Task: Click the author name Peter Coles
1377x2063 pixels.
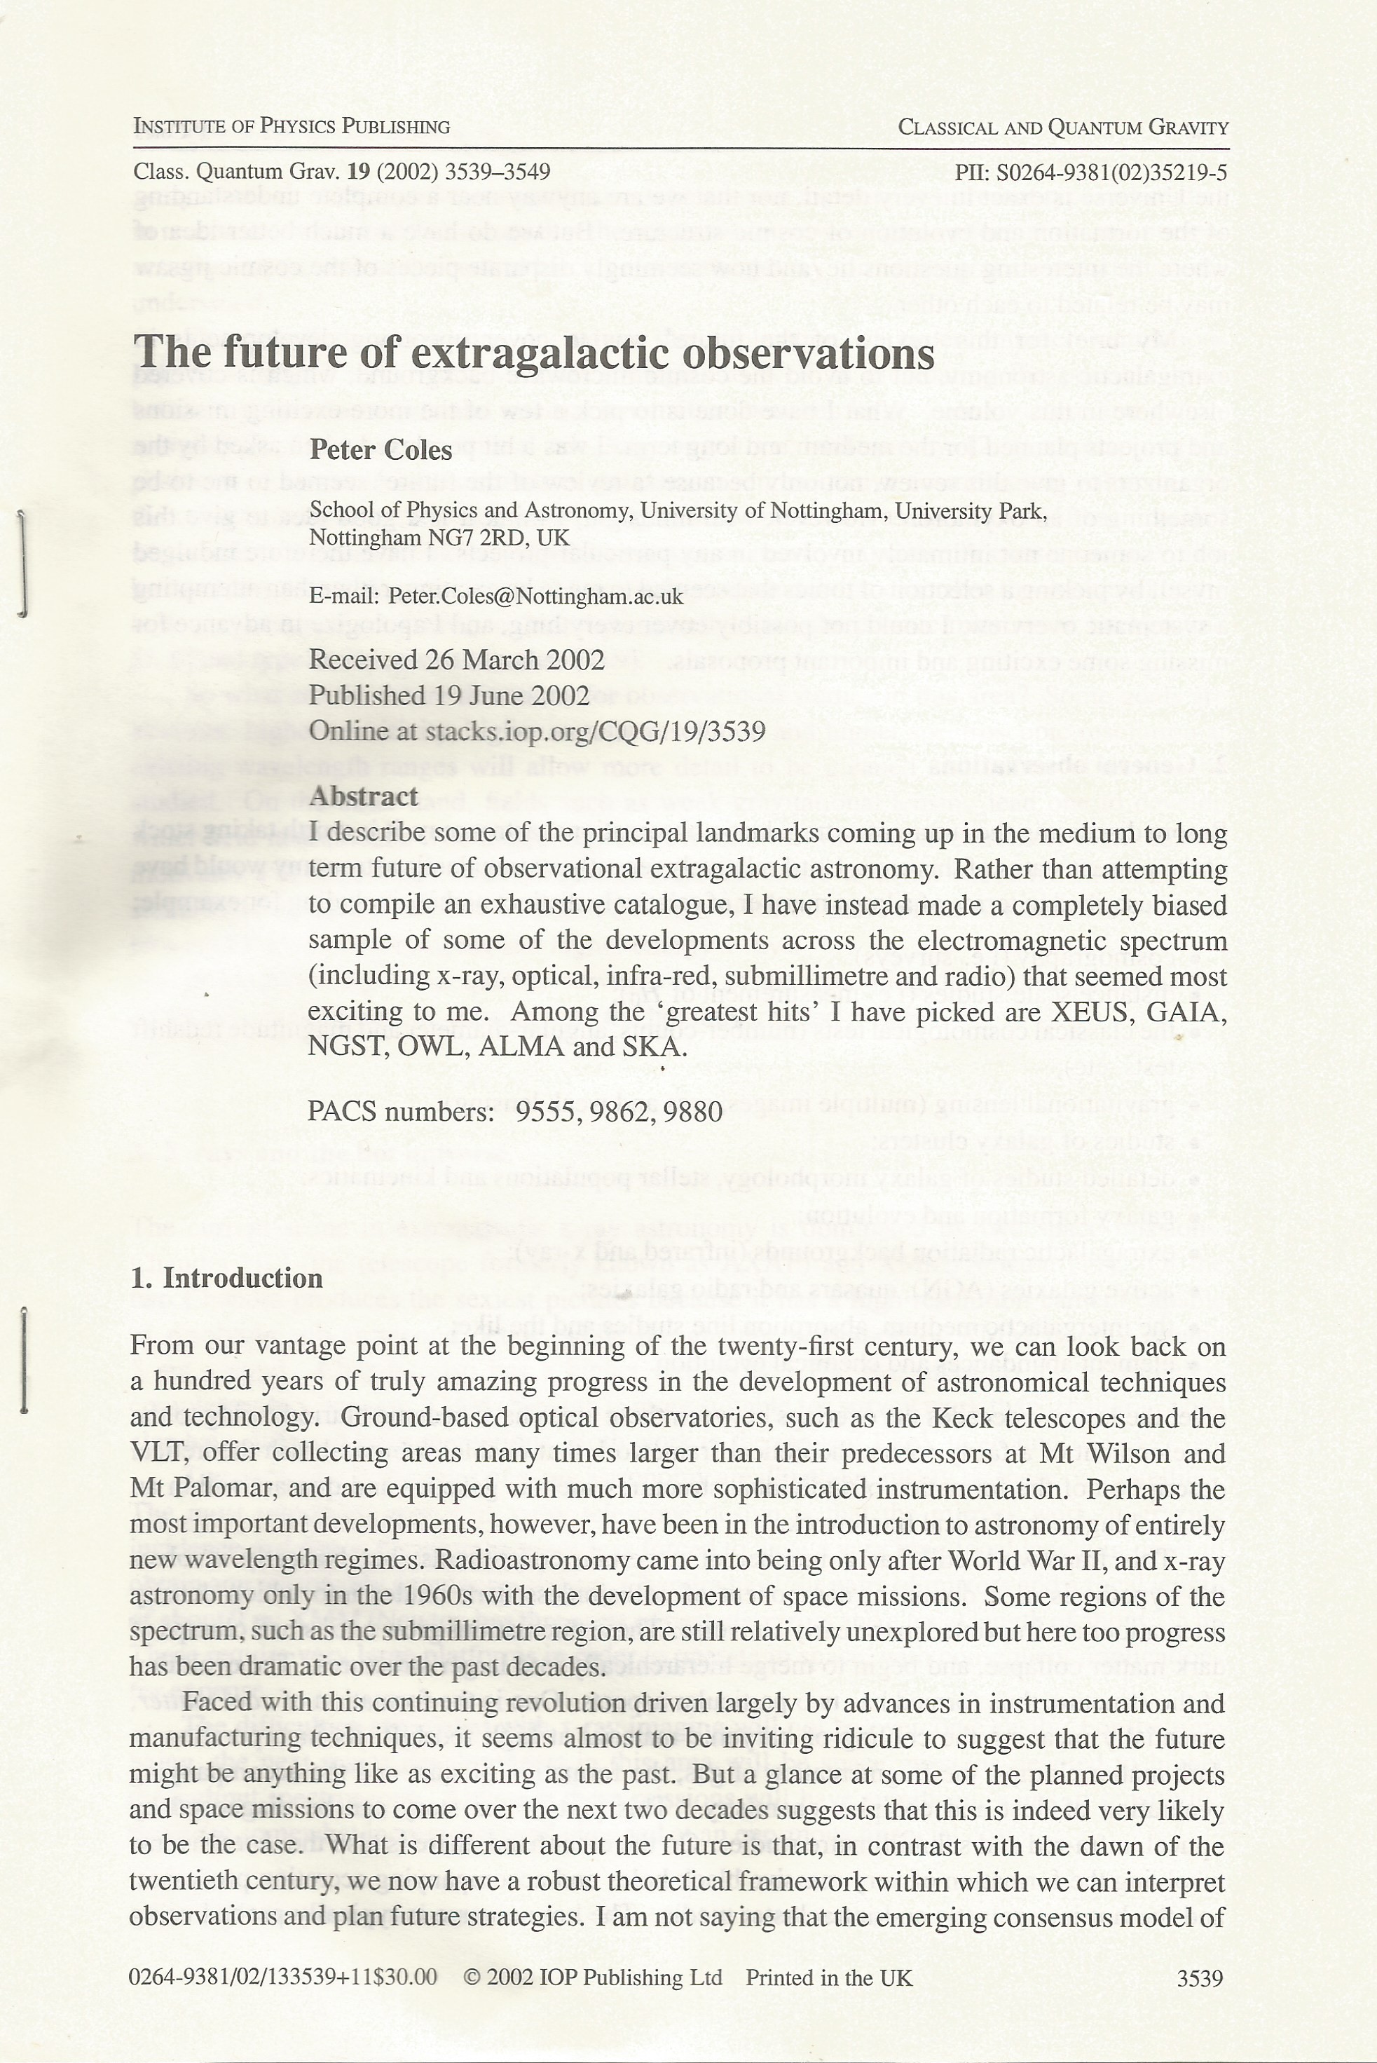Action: tap(381, 451)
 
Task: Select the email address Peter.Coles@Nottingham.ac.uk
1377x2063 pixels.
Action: tap(535, 597)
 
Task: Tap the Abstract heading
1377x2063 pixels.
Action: tap(363, 796)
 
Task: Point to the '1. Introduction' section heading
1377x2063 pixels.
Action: tap(226, 1277)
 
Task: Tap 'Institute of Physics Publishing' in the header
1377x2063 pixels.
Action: tap(291, 126)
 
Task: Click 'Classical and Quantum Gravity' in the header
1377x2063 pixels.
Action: tap(1062, 128)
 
